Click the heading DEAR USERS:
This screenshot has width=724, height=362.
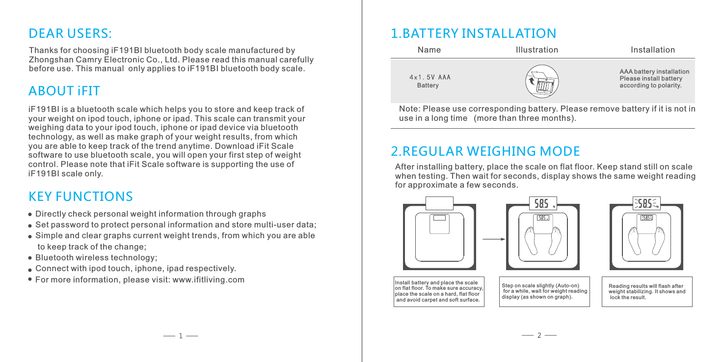(x=71, y=33)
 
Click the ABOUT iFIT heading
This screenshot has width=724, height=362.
(x=64, y=91)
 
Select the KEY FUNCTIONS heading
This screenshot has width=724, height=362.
(x=81, y=196)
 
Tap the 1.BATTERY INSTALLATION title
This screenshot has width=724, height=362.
(x=473, y=33)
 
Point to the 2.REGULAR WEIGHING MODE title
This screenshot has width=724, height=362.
(x=485, y=150)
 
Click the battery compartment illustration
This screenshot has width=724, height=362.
(x=542, y=82)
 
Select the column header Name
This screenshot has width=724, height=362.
(x=429, y=50)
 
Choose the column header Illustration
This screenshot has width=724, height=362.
(x=537, y=50)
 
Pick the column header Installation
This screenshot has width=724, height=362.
(x=652, y=50)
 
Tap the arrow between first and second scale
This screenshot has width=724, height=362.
(x=493, y=240)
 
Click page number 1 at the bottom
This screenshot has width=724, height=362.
(x=181, y=336)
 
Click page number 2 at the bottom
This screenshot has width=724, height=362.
(x=539, y=336)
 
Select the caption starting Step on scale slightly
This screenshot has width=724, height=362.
(x=544, y=291)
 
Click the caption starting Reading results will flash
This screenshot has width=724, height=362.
(x=647, y=291)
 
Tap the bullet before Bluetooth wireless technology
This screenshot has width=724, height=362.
(x=30, y=258)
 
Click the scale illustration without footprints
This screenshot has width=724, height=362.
(x=439, y=238)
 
